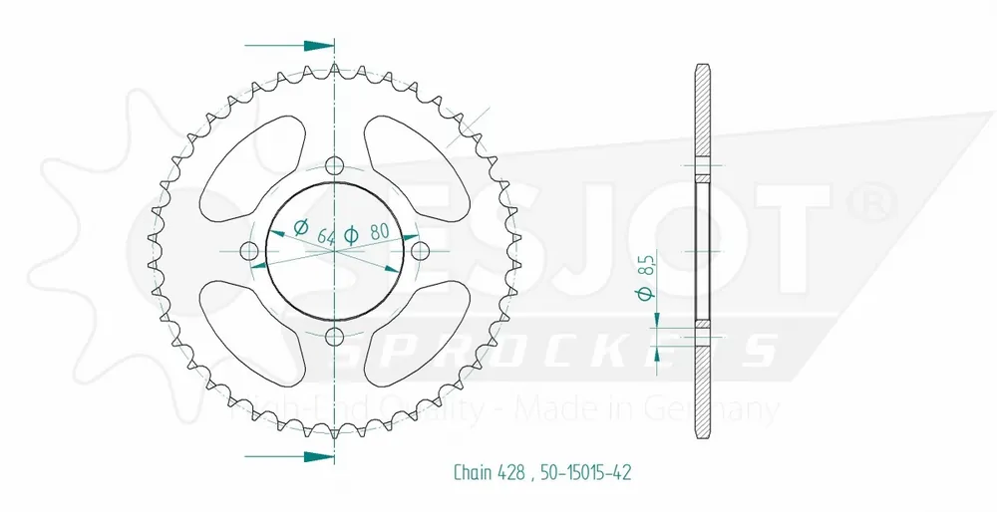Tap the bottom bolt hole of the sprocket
pos(334,334)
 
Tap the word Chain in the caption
pos(472,471)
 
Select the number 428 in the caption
pos(510,471)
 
